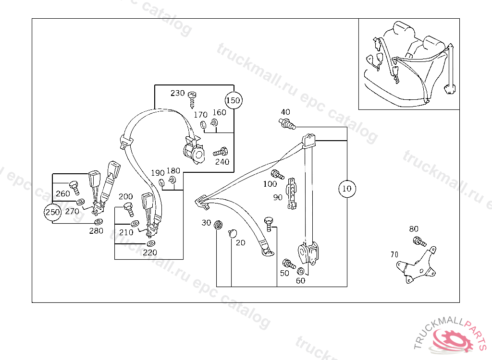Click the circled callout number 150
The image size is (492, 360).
(x=234, y=101)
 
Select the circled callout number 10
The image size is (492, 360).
(x=347, y=188)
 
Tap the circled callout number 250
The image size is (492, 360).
(x=52, y=212)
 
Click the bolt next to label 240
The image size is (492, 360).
(x=221, y=152)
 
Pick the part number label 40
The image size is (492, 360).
(x=285, y=112)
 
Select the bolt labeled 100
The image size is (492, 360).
(x=276, y=174)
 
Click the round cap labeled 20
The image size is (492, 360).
(x=233, y=233)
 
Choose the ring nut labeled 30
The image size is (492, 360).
(x=219, y=225)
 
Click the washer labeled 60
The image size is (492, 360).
(x=301, y=271)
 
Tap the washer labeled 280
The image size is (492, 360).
(x=98, y=222)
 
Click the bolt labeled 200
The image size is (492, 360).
(x=129, y=208)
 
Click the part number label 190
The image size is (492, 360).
(x=158, y=173)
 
